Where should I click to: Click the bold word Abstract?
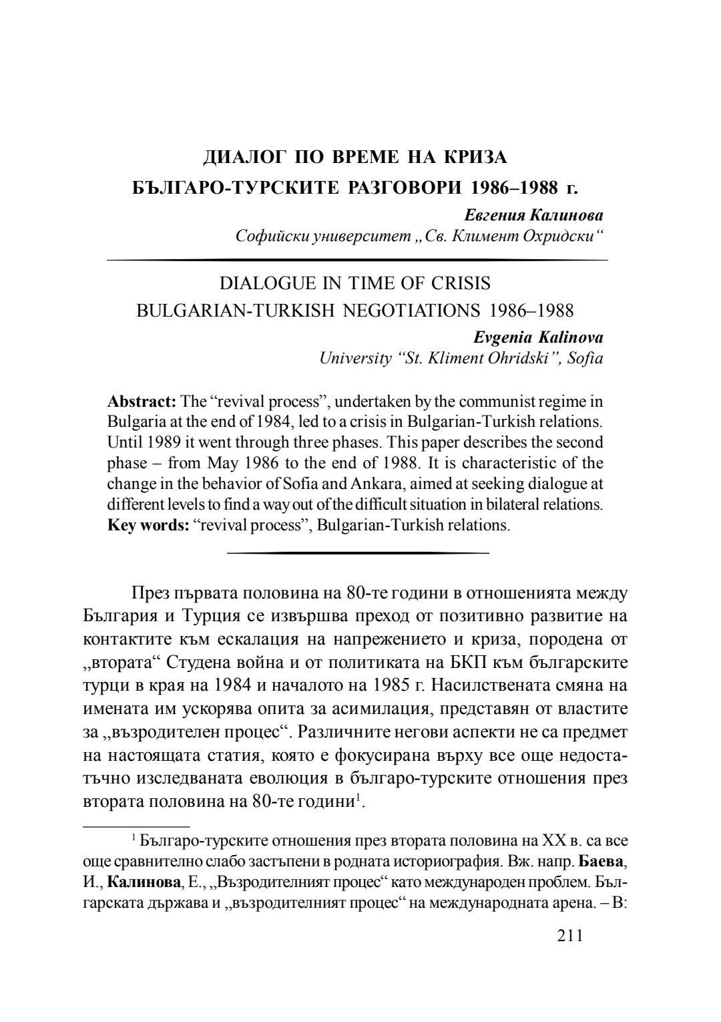(x=142, y=401)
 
